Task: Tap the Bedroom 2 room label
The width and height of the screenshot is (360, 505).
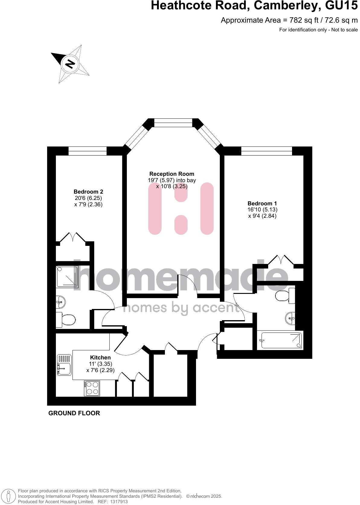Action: [88, 192]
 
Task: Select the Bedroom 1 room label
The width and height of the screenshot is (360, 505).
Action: [262, 204]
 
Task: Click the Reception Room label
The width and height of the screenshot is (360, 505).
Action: [172, 174]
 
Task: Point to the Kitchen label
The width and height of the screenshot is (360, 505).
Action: [100, 358]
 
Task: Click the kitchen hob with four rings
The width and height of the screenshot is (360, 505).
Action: [92, 388]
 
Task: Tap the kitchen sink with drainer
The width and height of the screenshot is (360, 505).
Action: [64, 365]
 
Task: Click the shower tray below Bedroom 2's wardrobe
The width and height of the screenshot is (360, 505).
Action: [67, 276]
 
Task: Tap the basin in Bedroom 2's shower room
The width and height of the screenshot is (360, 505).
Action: [61, 301]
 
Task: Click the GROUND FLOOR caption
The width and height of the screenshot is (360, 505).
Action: [74, 413]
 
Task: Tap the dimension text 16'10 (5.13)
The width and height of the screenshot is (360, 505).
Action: [262, 210]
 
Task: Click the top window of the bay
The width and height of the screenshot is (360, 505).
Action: [173, 123]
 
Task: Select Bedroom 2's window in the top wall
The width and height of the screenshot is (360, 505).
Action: [88, 151]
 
